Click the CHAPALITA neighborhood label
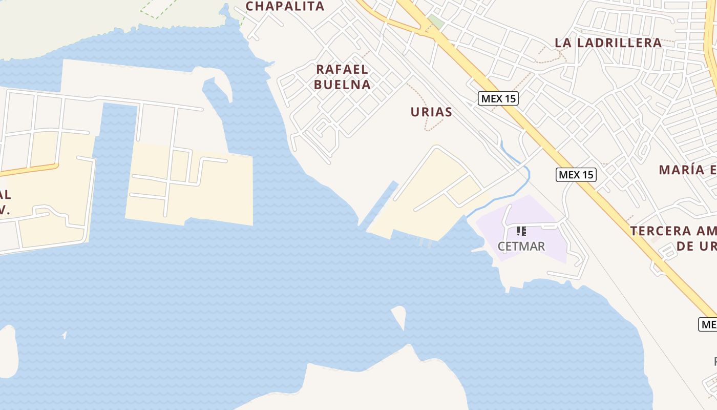(285, 6)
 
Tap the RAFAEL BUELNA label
(342, 77)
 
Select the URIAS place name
(431, 112)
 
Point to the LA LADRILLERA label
(608, 43)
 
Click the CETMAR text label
(521, 247)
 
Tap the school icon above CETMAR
(521, 231)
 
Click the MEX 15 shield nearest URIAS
(498, 98)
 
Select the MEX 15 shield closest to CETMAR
(576, 175)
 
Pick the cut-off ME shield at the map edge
(708, 324)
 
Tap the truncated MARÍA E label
(687, 170)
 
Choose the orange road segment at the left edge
(31, 169)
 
